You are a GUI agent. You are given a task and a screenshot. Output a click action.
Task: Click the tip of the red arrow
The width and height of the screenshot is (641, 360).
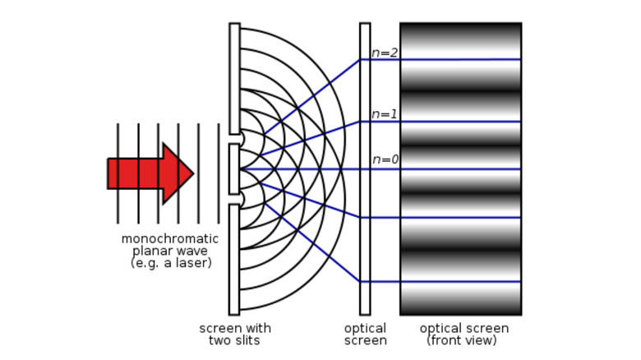[192, 173]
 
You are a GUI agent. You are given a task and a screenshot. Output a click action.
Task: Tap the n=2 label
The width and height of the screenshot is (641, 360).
[385, 53]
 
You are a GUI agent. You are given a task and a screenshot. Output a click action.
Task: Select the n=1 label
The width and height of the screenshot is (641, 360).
[385, 114]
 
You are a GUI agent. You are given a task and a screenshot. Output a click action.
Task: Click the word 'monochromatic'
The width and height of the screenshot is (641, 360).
[170, 239]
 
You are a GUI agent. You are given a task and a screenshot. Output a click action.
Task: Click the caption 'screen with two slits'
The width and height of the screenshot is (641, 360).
[234, 334]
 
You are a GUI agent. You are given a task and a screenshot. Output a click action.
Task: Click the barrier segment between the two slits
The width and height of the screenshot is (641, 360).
[234, 169]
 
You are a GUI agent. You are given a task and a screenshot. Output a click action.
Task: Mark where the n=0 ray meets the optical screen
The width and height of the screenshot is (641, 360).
[365, 168]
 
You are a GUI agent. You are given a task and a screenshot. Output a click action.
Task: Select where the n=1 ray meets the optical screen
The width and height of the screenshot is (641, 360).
[365, 122]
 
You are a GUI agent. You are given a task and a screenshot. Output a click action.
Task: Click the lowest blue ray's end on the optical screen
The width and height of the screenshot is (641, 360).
[365, 282]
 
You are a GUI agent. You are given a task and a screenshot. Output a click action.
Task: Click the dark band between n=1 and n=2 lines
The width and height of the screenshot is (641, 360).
[460, 91]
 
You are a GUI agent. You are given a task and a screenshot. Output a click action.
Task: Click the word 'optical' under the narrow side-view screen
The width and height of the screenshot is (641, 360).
[365, 329]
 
